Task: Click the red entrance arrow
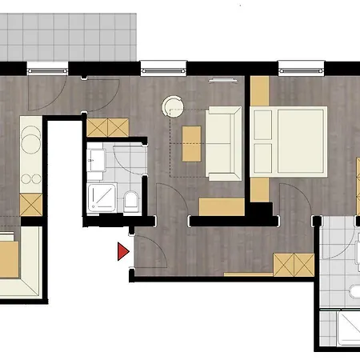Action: click(x=122, y=251)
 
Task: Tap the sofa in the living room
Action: click(x=224, y=142)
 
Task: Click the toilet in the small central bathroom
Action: click(x=131, y=200)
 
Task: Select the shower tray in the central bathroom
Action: click(x=103, y=198)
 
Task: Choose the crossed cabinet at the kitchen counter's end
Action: click(x=30, y=206)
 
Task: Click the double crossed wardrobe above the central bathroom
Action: click(x=106, y=126)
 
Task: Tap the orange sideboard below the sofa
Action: click(x=221, y=206)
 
